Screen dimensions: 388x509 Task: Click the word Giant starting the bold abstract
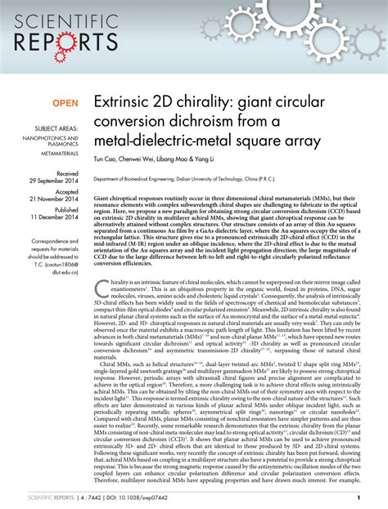(x=103, y=198)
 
